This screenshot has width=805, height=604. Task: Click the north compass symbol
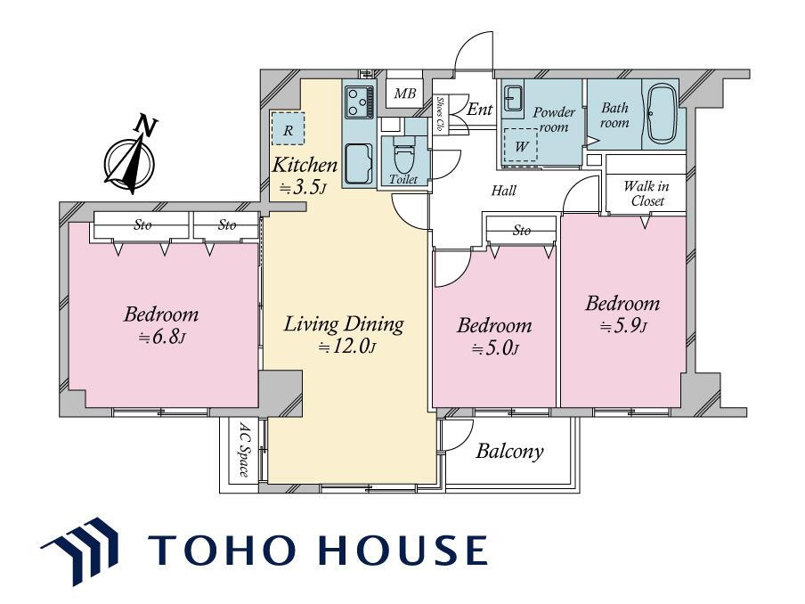[x=131, y=156]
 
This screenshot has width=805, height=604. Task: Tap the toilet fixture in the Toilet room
[x=403, y=155]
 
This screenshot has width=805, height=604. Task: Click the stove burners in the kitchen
[x=358, y=101]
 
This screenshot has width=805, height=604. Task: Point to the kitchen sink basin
[x=359, y=163]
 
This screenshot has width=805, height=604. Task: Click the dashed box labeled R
[x=288, y=128]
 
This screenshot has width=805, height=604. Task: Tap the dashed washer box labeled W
[x=520, y=145]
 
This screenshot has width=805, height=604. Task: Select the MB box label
[x=404, y=94]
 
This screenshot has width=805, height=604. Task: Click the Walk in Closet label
[x=646, y=193]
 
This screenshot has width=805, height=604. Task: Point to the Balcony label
[x=509, y=452]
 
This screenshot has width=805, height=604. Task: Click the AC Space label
[x=244, y=449]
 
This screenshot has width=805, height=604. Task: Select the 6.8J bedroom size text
[x=161, y=338]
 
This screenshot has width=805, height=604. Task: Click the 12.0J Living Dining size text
[x=347, y=347]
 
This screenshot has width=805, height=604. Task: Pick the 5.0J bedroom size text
[x=494, y=348]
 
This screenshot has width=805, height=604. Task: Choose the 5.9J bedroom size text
[x=623, y=326]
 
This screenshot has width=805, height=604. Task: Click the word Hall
[x=504, y=191]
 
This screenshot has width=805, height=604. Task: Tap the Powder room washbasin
[x=513, y=98]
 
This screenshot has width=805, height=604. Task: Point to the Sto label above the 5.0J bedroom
[x=522, y=231]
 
